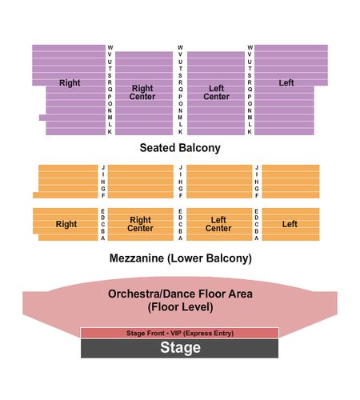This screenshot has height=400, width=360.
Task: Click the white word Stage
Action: (180, 348)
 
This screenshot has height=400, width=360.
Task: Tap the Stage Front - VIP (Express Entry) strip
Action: (180, 333)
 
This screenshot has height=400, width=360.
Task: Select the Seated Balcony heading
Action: (180, 148)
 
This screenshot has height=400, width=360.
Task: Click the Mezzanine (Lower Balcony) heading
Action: (181, 258)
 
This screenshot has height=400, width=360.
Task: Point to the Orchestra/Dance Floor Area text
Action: (180, 294)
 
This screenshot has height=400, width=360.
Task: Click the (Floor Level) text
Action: (180, 307)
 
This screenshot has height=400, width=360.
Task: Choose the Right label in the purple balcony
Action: (70, 83)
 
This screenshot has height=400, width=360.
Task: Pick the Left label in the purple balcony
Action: (286, 82)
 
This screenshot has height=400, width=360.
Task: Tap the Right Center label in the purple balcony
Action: (142, 92)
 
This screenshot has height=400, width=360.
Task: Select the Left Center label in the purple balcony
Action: (216, 92)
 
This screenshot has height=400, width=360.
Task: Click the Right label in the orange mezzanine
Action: (66, 224)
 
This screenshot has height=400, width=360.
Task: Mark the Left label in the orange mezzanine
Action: (290, 224)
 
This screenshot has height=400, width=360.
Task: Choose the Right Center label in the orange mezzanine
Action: (140, 224)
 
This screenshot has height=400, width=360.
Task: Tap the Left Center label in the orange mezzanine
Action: (218, 224)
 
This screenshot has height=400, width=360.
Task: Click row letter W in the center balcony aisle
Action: (180, 47)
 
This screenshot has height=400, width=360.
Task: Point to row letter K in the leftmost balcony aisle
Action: (110, 132)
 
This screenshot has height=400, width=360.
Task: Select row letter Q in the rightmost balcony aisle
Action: (250, 90)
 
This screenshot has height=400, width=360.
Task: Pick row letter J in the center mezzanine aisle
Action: (181, 167)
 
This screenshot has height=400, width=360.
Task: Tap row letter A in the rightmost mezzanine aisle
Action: (256, 238)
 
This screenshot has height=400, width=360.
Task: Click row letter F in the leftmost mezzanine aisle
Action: (103, 195)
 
